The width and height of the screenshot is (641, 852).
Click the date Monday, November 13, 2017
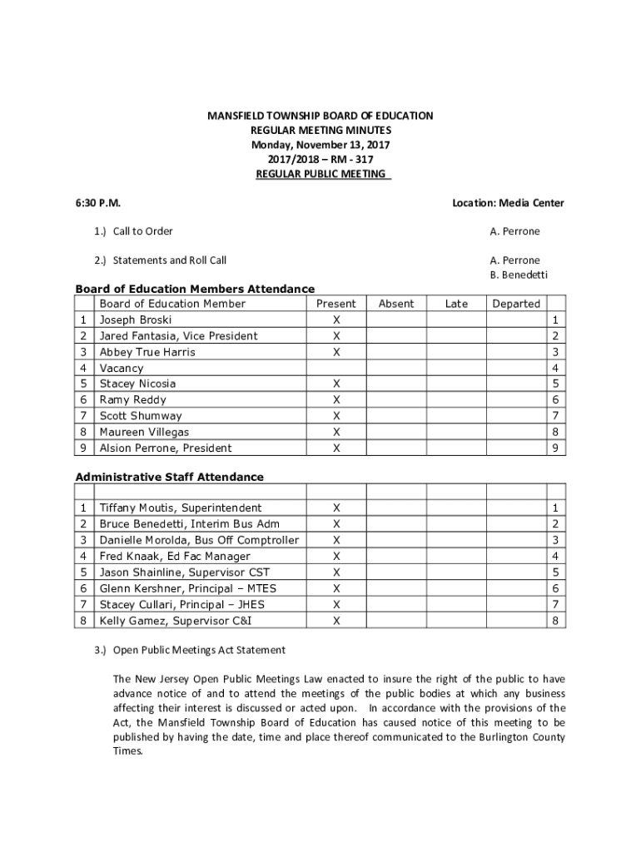(x=320, y=145)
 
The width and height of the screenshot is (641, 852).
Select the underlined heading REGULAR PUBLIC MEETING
(x=320, y=174)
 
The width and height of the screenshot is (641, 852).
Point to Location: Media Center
(x=508, y=203)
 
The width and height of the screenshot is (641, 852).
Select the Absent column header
(x=395, y=304)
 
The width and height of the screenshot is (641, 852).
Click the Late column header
(x=456, y=304)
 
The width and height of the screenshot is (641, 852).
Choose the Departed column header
(x=516, y=304)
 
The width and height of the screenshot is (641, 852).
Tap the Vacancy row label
(x=122, y=368)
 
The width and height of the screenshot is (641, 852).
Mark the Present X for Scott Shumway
(x=336, y=416)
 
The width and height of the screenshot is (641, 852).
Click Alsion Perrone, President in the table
(x=166, y=448)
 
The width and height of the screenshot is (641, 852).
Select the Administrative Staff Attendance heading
(x=169, y=477)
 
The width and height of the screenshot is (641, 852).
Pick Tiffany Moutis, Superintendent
(x=181, y=508)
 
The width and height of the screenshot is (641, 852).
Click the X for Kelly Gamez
(x=336, y=621)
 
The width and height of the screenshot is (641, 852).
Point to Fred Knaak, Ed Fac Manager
(x=175, y=557)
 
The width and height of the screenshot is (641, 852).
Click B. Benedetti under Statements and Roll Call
(x=519, y=275)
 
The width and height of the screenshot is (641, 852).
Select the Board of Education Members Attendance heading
(x=195, y=289)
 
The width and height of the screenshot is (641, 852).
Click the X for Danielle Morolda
(x=336, y=541)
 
